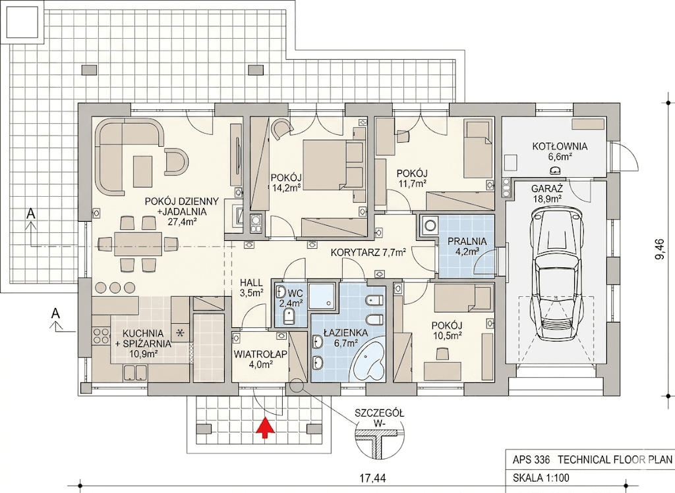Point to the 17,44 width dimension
(x=373, y=477)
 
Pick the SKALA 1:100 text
(x=541, y=478)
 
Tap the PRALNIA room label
(x=467, y=241)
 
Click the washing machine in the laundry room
(x=428, y=225)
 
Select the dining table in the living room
(x=138, y=244)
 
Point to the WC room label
(x=295, y=294)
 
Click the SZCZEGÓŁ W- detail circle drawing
(x=380, y=444)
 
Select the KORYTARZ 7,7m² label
(x=368, y=252)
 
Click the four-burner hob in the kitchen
(x=101, y=336)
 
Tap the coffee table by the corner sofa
(x=143, y=172)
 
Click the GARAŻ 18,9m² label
(x=547, y=193)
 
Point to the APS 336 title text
(x=531, y=459)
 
